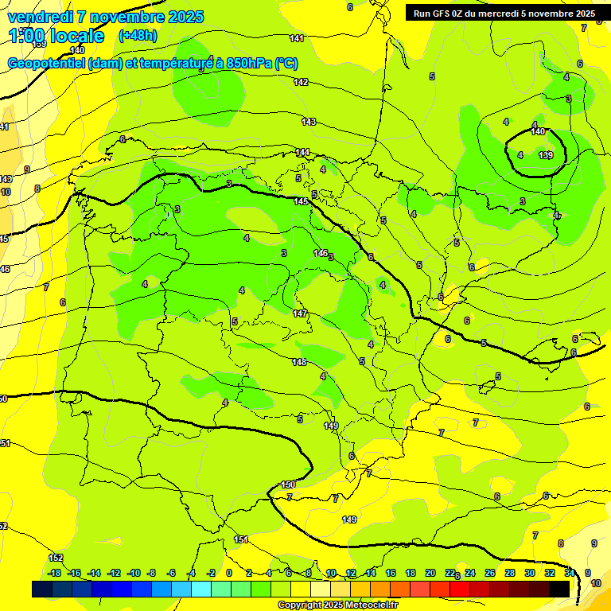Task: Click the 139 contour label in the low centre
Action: (546, 154)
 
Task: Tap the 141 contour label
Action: (297, 38)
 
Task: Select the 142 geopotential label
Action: (301, 82)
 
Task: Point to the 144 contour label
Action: (302, 152)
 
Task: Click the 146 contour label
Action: (321, 253)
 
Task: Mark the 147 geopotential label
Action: (300, 313)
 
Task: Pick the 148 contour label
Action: (299, 362)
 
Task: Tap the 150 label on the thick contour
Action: (288, 485)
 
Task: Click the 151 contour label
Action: (241, 539)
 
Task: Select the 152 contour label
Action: (56, 558)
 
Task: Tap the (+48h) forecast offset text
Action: (137, 36)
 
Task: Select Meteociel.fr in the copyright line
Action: (369, 605)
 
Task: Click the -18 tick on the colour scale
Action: (54, 573)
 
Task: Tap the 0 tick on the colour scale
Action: (229, 573)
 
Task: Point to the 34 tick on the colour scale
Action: (570, 573)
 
